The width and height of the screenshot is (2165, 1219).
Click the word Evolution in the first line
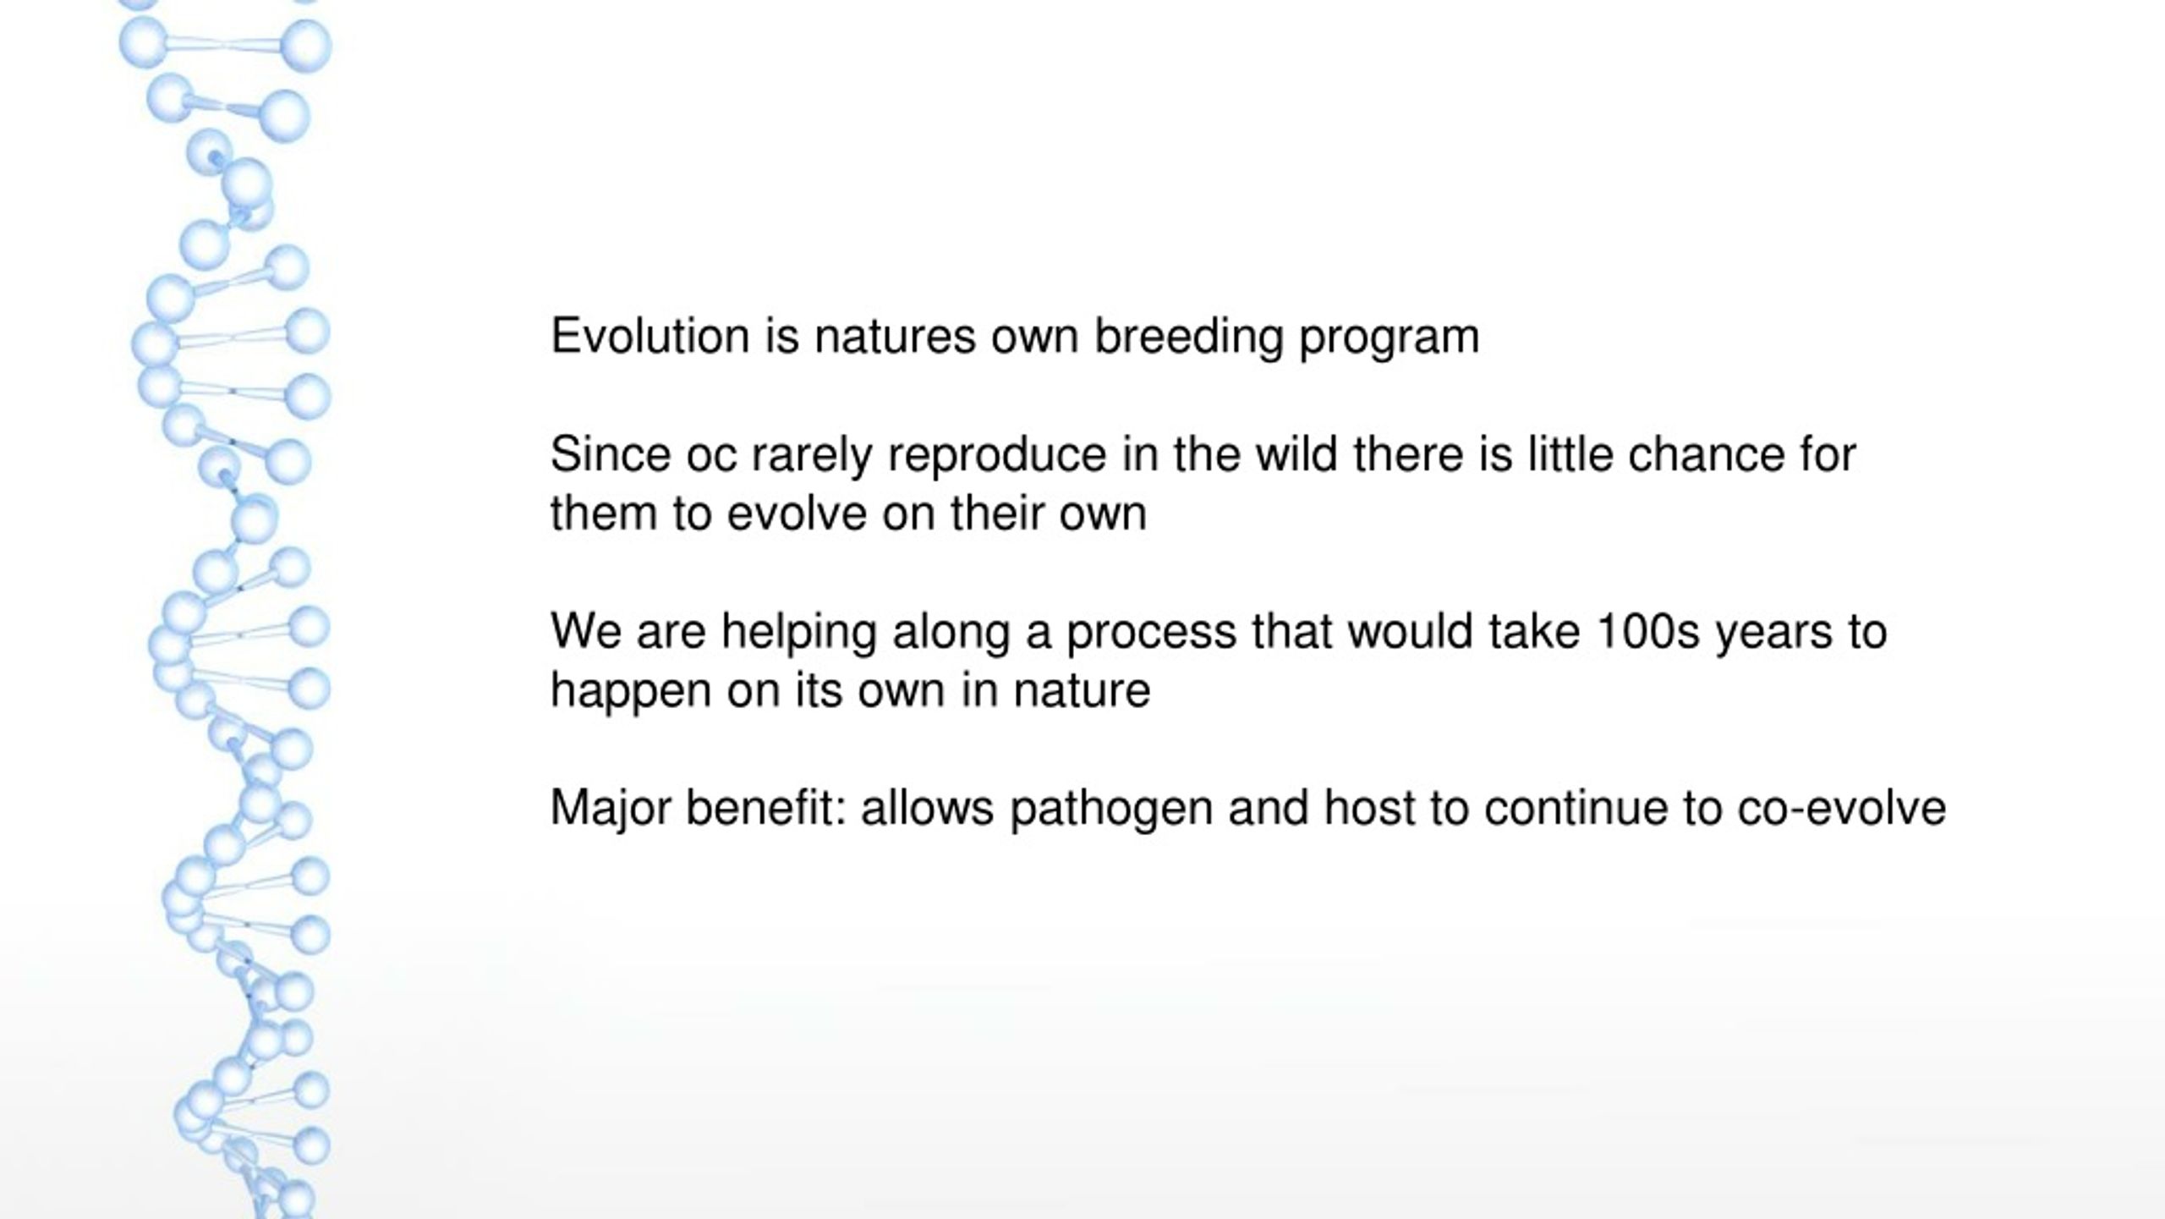click(650, 336)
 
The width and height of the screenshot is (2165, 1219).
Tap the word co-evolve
click(1842, 808)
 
